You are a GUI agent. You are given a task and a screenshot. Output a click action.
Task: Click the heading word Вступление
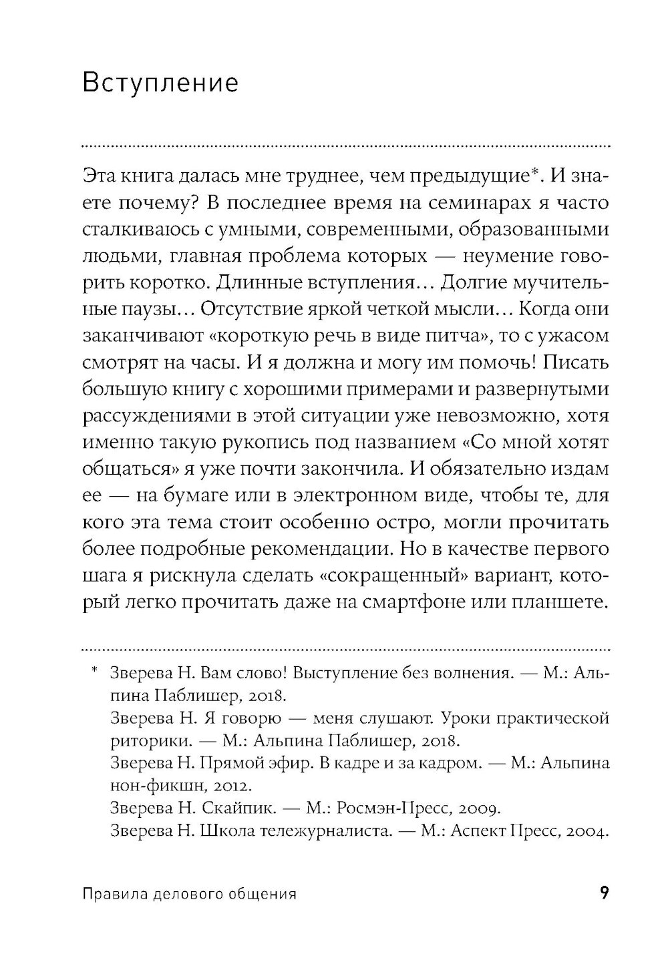click(x=160, y=84)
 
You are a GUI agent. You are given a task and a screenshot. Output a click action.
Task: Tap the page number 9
click(x=603, y=893)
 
